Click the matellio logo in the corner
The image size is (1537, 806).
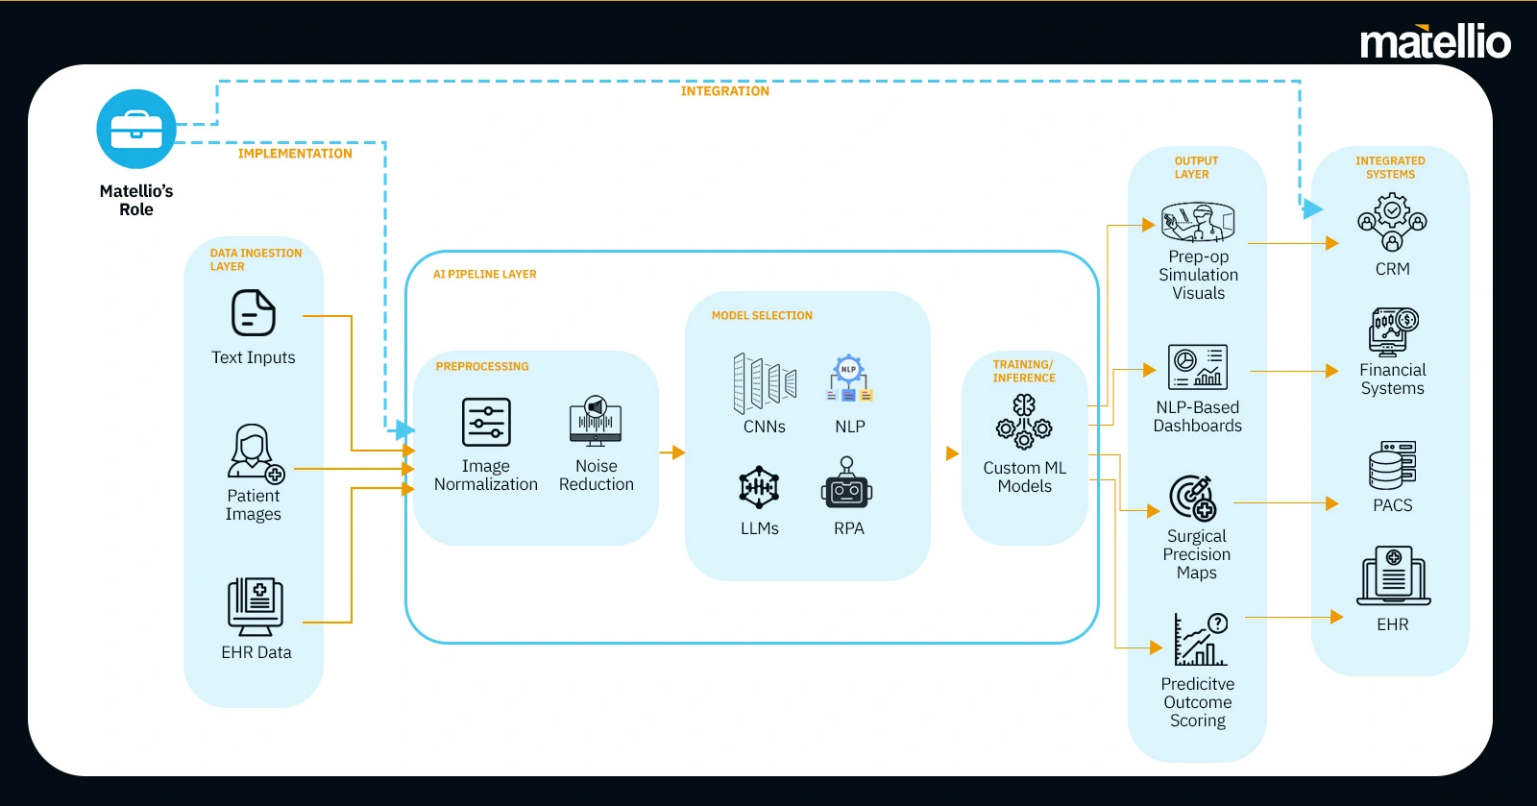[1435, 41]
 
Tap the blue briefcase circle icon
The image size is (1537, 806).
[136, 129]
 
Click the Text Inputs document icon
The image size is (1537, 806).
[254, 313]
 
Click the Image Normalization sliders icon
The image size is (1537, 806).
[486, 422]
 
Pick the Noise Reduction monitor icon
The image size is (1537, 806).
[596, 421]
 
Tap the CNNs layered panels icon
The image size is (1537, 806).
[765, 383]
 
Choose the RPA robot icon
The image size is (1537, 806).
[846, 483]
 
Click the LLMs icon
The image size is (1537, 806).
[759, 488]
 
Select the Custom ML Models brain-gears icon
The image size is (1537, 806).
[1024, 421]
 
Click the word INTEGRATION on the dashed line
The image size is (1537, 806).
[724, 91]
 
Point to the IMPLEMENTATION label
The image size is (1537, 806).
[295, 154]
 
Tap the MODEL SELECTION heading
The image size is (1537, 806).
[762, 315]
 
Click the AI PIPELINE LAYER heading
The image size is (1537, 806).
[484, 274]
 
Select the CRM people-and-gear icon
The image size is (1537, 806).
[1392, 222]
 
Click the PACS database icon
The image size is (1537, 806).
[1392, 465]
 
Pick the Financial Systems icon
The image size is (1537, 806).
[1393, 332]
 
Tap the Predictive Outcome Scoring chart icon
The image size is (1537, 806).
[1200, 639]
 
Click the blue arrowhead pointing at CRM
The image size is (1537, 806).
[1312, 208]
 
